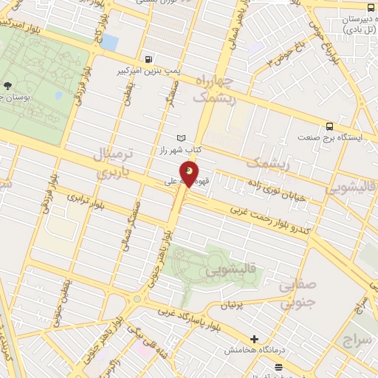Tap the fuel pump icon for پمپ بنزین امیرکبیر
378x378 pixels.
click(x=151, y=58)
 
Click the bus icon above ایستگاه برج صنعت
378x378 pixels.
click(x=329, y=125)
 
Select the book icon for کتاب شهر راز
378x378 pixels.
click(x=182, y=137)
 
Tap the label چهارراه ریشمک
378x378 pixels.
click(x=214, y=88)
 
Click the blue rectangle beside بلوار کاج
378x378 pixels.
click(x=109, y=42)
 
